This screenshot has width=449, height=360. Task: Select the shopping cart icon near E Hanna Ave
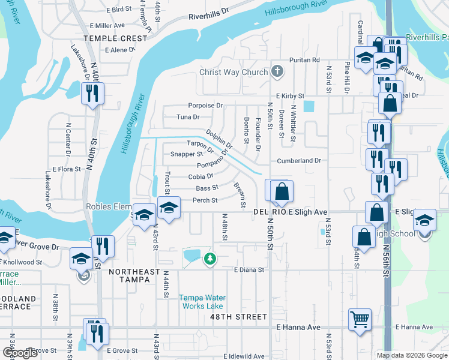[360, 319]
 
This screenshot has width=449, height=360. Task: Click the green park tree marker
[209, 259]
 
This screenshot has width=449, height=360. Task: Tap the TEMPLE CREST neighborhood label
[115, 38]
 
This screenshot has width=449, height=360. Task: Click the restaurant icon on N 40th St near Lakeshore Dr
[92, 93]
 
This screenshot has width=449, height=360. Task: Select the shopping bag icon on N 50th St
[282, 192]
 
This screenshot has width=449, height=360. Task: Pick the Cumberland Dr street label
[300, 161]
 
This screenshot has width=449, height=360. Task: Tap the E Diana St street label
[249, 270]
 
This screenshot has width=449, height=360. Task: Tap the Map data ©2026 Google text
[411, 355]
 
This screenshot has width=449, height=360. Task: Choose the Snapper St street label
[187, 154]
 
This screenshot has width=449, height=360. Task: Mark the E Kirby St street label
[291, 96]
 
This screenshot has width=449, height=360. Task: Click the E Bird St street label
[119, 10]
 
